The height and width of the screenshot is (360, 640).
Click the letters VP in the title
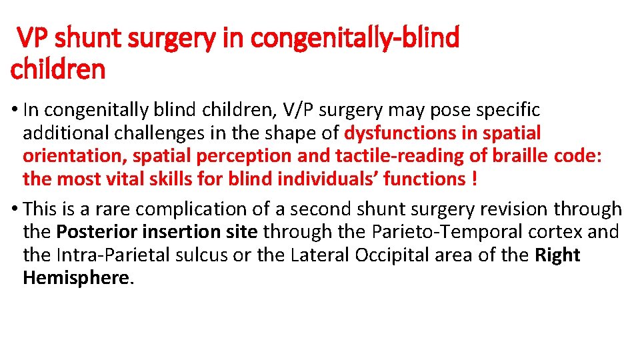[x=33, y=39]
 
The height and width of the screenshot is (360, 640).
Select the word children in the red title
[x=58, y=69]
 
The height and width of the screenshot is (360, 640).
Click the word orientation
[x=74, y=156]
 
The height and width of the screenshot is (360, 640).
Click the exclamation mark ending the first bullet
[x=473, y=179]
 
